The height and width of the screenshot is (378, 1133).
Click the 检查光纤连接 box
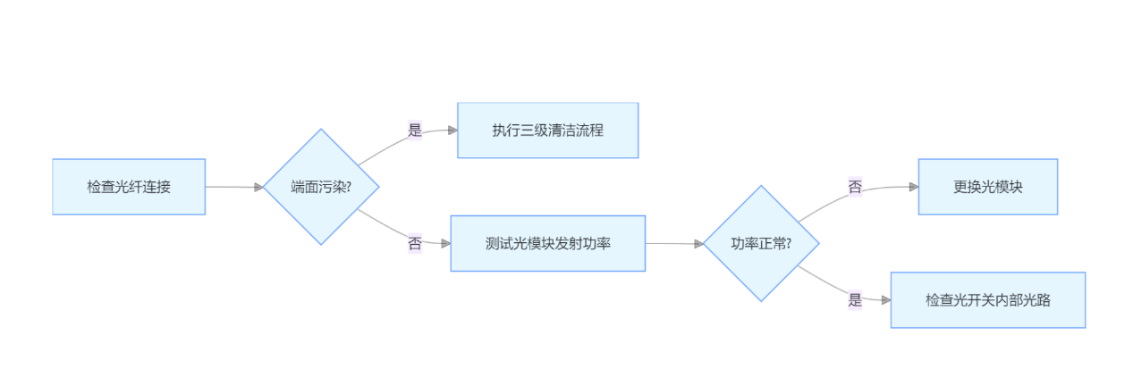point(129,187)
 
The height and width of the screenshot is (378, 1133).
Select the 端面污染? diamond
point(321,187)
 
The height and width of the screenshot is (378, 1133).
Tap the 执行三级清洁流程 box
point(547,130)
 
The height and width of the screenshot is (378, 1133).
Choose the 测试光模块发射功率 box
point(547,243)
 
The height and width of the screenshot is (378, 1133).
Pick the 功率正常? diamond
point(761,243)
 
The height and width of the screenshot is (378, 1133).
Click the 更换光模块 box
point(987,187)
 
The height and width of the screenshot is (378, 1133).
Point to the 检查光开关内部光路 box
point(987,300)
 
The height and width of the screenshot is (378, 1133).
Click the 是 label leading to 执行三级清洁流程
point(415,130)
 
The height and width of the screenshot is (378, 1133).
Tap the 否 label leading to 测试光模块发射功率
point(415,243)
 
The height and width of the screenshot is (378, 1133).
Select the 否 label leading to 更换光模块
point(856,187)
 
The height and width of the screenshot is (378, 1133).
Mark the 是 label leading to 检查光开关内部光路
point(856,300)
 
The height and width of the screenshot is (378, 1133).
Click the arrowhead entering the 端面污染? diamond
point(258,188)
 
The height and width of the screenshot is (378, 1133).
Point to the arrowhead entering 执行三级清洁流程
point(452,130)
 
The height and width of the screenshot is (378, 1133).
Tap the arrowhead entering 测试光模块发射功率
point(445,243)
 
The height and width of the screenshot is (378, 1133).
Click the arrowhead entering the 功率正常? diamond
point(698,243)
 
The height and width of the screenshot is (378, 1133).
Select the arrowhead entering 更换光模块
point(913,187)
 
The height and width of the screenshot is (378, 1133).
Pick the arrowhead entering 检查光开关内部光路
point(885,300)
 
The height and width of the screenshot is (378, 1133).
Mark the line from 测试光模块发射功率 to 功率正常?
point(671,243)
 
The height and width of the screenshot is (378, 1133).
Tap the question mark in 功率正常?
point(789,243)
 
